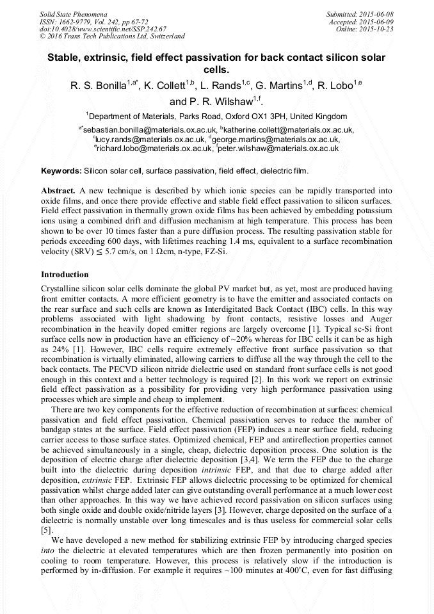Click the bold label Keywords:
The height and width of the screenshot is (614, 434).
click(x=61, y=171)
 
